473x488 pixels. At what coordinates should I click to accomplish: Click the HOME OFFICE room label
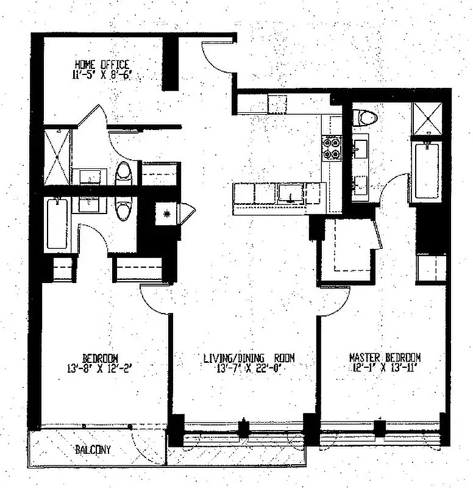click(x=102, y=64)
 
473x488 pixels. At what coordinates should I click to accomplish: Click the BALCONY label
click(x=93, y=450)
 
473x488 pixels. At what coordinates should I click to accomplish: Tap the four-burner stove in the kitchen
click(x=332, y=148)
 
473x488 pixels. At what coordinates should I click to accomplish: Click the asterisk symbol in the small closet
click(x=166, y=213)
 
